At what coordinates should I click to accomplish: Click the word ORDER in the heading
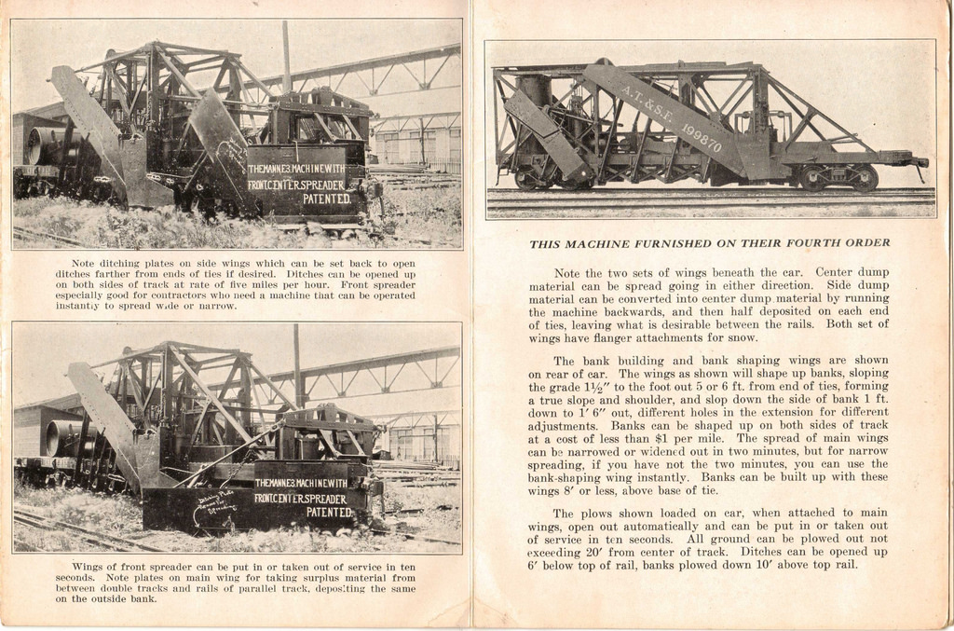coord(867,243)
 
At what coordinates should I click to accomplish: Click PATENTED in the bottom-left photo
coord(331,512)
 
